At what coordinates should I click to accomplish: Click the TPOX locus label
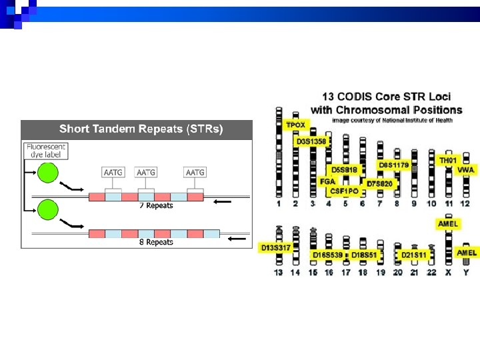pyautogui.click(x=296, y=125)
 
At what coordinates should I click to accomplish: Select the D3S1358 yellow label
pyautogui.click(x=311, y=141)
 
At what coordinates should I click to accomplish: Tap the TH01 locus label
pyautogui.click(x=448, y=161)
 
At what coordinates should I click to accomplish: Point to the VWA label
pyautogui.click(x=466, y=171)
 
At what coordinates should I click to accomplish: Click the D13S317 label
pyautogui.click(x=275, y=248)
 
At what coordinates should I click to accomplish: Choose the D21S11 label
pyautogui.click(x=414, y=255)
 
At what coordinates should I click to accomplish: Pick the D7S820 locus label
pyautogui.click(x=381, y=183)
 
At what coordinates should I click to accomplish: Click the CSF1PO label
pyautogui.click(x=345, y=191)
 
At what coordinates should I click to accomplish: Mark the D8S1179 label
pyautogui.click(x=393, y=165)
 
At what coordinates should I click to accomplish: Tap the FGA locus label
pyautogui.click(x=327, y=181)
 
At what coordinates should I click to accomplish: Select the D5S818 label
pyautogui.click(x=345, y=170)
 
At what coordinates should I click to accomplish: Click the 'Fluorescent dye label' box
pyautogui.click(x=46, y=150)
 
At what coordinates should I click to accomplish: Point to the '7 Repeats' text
pyautogui.click(x=155, y=205)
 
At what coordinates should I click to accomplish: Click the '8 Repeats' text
pyautogui.click(x=155, y=242)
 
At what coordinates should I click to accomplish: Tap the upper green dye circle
pyautogui.click(x=48, y=173)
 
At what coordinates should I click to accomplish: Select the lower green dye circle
pyautogui.click(x=48, y=209)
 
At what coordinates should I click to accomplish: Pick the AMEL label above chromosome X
pyautogui.click(x=448, y=225)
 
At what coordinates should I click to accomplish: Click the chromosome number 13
pyautogui.click(x=279, y=272)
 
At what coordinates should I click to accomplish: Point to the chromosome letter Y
pyautogui.click(x=466, y=272)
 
